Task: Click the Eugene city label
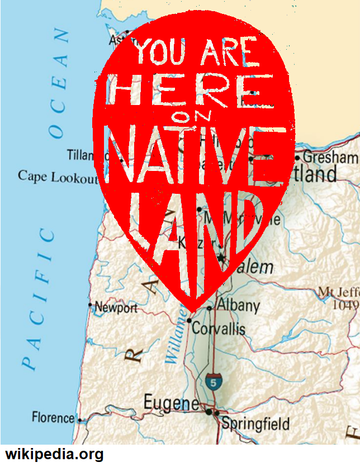(170, 403)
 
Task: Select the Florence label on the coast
(53, 417)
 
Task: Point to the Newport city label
(116, 307)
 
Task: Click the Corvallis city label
(219, 328)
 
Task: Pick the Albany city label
(238, 306)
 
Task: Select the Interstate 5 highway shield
(212, 382)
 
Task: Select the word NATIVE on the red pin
(195, 154)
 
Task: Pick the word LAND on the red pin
(190, 235)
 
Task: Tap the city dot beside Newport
(90, 305)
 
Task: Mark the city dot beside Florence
(79, 420)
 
